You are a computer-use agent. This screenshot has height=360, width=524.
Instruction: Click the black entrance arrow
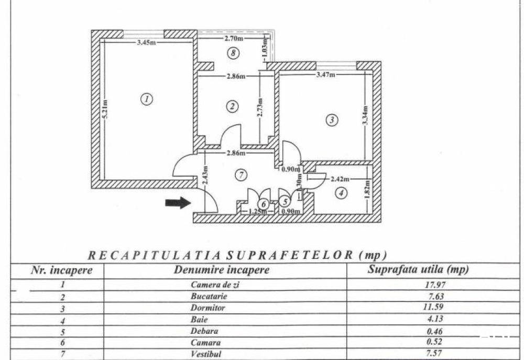click(x=178, y=203)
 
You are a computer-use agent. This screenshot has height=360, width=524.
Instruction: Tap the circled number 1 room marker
click(x=147, y=99)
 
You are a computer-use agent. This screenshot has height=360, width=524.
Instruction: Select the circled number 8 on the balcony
click(x=233, y=53)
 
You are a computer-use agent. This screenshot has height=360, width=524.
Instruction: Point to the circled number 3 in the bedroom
click(x=332, y=120)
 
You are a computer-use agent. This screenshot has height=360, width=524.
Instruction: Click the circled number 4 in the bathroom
click(x=341, y=193)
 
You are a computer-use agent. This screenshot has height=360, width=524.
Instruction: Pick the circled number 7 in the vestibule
click(x=241, y=175)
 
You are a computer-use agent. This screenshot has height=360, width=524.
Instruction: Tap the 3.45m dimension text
click(x=146, y=42)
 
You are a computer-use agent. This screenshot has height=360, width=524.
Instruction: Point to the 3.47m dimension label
click(x=326, y=74)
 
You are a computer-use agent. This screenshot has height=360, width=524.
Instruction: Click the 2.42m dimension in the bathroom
click(x=340, y=179)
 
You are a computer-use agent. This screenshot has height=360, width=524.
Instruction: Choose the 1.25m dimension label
click(x=258, y=212)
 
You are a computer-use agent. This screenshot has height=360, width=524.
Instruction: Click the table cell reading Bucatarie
click(x=209, y=296)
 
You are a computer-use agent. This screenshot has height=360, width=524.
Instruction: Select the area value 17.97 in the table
click(x=434, y=285)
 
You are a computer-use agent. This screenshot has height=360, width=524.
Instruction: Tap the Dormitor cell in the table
click(x=208, y=308)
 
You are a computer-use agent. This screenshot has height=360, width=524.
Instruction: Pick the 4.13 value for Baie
click(x=435, y=319)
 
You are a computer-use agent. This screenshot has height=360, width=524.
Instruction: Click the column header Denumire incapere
click(x=222, y=270)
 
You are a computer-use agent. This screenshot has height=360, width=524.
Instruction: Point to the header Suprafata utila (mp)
click(x=418, y=269)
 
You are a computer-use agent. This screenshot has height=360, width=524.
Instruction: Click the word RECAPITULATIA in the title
click(x=154, y=256)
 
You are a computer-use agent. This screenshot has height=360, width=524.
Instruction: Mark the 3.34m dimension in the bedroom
click(x=365, y=115)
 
